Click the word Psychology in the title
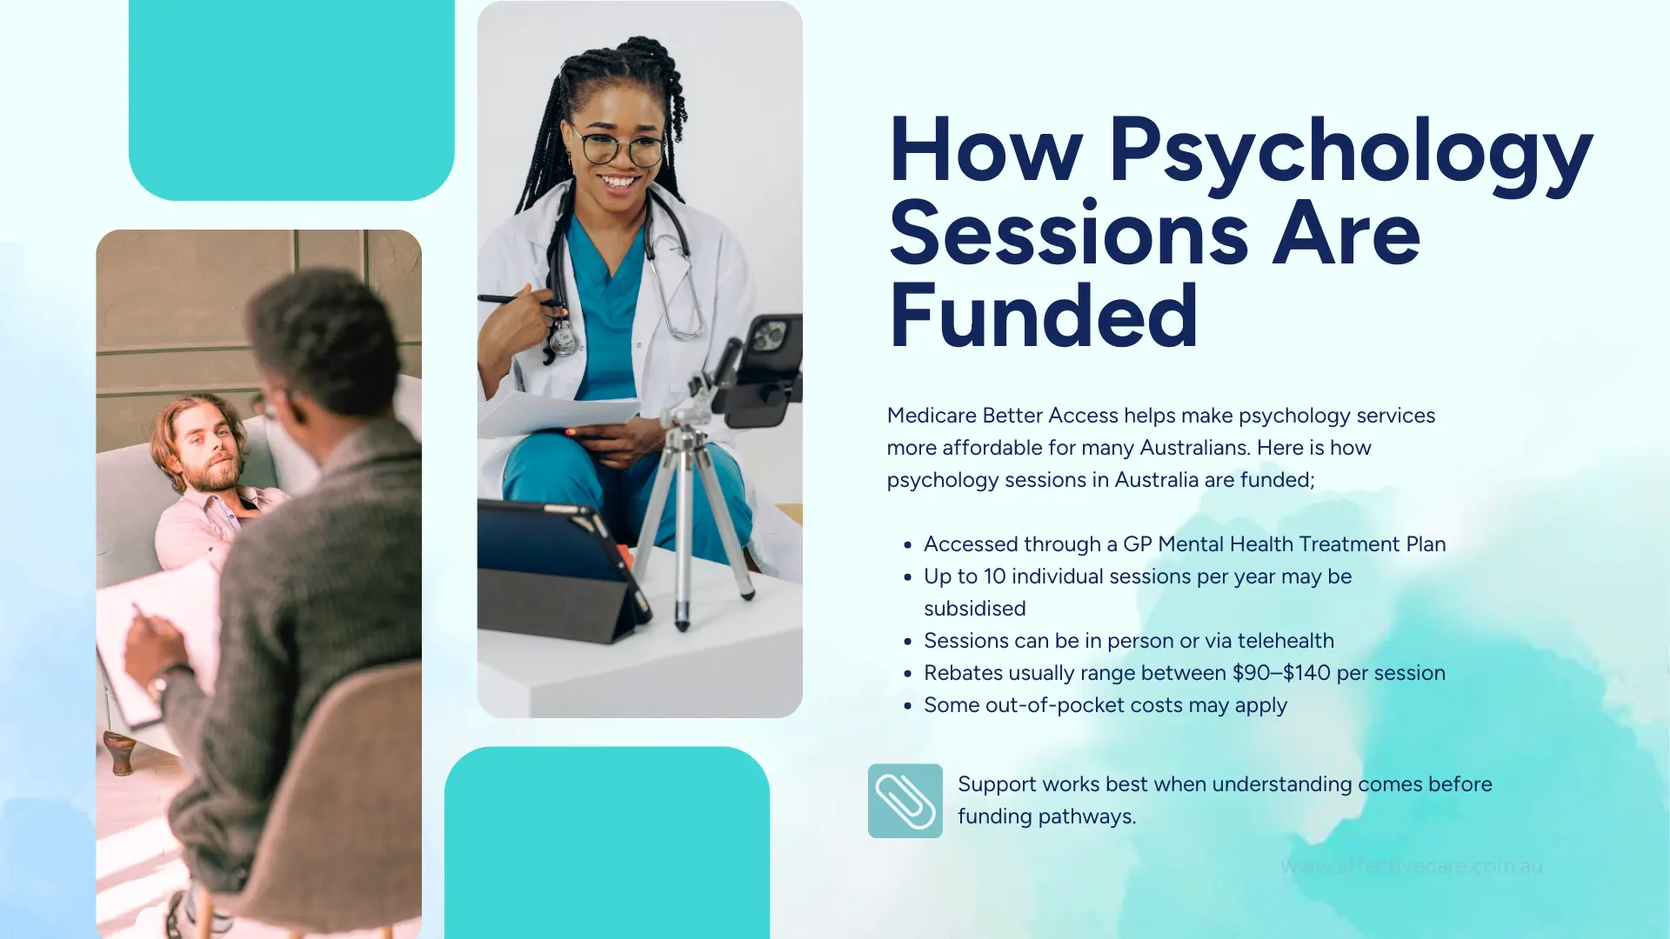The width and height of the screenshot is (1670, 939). coord(1350,151)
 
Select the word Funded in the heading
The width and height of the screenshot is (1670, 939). coord(1044,316)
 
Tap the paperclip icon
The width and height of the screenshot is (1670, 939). coord(905,801)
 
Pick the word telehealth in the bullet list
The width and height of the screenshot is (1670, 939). coord(1286,641)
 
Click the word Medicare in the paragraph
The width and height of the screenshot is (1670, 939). coord(931,416)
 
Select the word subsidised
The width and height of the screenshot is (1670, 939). coord(974,609)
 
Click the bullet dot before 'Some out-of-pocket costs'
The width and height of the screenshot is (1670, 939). coord(907,706)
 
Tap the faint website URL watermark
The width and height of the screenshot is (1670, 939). coord(1411,867)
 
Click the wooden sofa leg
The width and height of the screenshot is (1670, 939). coord(120,753)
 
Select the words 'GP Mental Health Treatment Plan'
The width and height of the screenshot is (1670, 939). coord(1284,544)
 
